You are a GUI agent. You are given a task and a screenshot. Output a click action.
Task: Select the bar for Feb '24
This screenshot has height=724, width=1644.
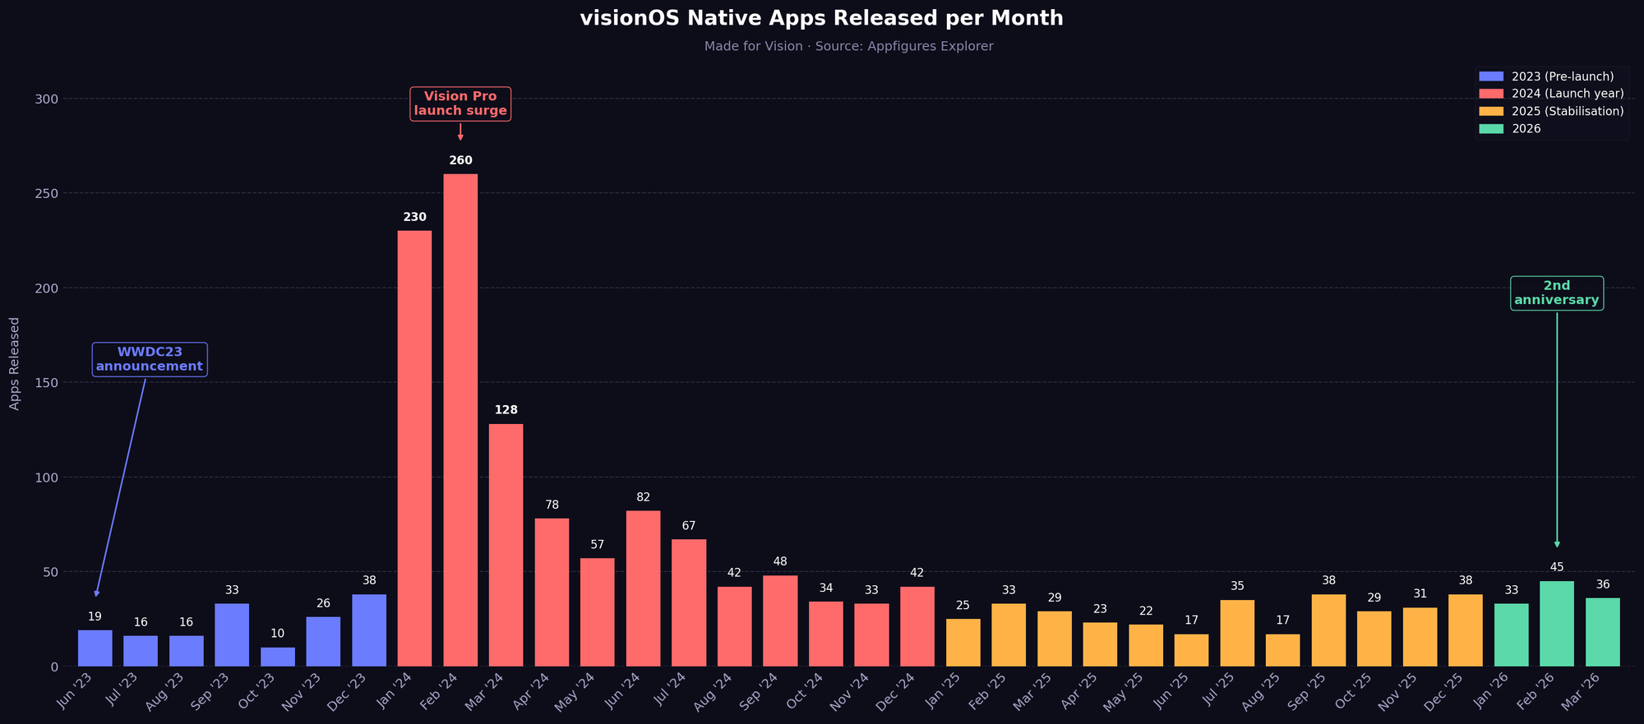coord(460,419)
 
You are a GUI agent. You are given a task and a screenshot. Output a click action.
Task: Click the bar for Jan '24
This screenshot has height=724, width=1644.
coord(414,448)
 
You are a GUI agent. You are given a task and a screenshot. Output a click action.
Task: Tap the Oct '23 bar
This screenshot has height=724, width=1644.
coord(278,657)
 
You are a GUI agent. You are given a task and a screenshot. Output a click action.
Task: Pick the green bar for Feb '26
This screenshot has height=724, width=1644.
coord(1557,624)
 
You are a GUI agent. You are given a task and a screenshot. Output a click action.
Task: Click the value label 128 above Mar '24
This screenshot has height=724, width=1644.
coord(506,409)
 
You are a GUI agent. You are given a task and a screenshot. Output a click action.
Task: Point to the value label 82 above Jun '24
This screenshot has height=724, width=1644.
coord(643,497)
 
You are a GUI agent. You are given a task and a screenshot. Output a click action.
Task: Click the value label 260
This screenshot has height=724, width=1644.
coord(460,160)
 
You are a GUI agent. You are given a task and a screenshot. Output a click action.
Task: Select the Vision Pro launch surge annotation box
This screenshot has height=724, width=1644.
coord(460,104)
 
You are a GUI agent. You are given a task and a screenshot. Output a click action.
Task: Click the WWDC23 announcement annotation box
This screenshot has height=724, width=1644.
coord(150,359)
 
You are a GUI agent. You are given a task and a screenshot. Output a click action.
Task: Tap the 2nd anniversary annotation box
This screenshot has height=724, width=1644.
coord(1557,293)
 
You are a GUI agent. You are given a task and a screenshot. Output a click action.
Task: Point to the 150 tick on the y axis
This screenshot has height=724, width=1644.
coord(48,383)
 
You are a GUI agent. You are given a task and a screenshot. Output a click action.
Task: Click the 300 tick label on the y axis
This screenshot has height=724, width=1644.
coord(48,99)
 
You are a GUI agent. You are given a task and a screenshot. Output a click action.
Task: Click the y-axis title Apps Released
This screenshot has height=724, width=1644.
coord(14,363)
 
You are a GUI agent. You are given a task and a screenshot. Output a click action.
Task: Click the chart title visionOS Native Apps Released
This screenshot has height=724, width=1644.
coord(821,18)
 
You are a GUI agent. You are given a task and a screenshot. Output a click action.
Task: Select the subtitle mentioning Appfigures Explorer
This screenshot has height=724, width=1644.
coord(848,47)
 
